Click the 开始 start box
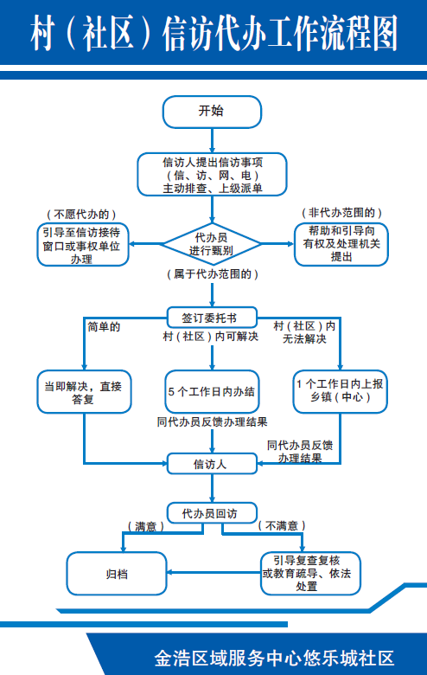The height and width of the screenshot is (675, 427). (212, 112)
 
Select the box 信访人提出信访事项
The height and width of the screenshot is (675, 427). (212, 174)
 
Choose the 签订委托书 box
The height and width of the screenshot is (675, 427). (213, 316)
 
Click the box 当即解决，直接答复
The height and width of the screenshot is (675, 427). (83, 392)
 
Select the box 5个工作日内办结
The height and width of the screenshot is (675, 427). (212, 392)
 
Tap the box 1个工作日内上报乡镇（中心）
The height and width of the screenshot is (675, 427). (338, 391)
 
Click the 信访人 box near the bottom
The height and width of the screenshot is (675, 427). (211, 465)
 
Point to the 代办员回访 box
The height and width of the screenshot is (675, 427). (213, 512)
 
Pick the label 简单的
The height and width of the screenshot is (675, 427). (103, 326)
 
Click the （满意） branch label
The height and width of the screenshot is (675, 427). (143, 526)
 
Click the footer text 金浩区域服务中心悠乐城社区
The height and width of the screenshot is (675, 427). (272, 656)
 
